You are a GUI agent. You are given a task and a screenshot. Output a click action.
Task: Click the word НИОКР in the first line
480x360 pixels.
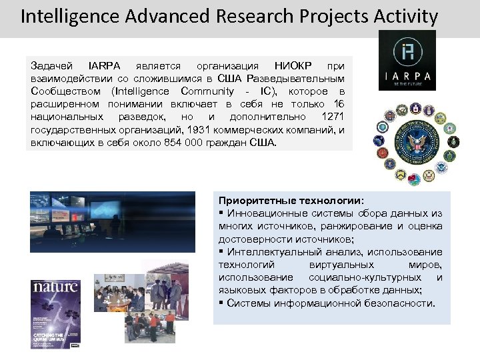point(291,66)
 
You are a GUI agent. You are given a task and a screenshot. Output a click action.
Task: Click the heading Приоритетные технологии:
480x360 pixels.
point(291,201)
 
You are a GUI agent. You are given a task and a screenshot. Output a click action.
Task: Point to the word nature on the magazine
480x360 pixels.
point(55,288)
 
